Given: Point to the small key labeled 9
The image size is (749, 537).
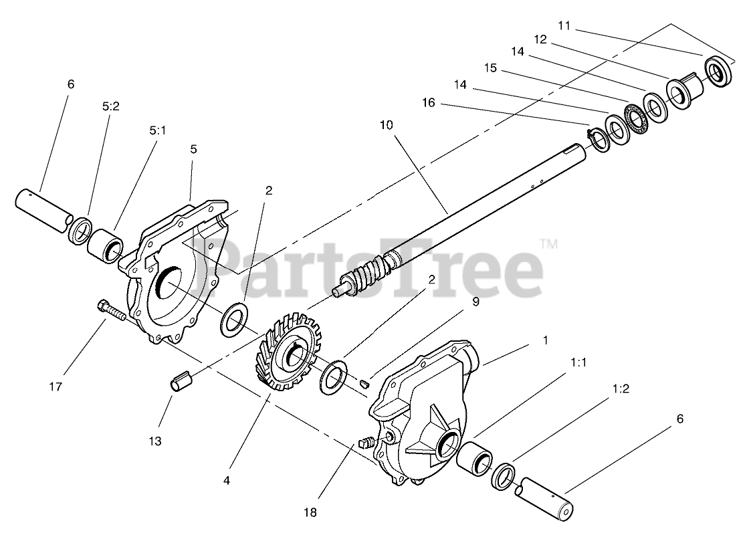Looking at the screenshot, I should click(364, 384).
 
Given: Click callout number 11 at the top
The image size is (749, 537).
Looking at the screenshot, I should click(564, 25).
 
